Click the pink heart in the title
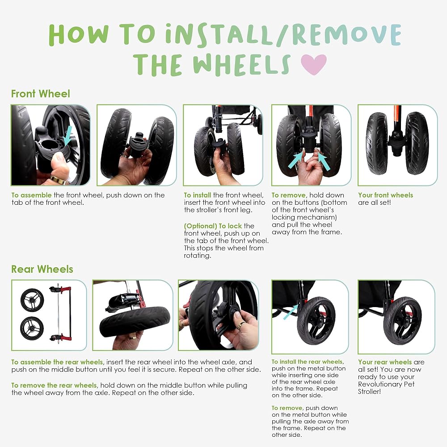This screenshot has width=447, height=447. [x=314, y=64]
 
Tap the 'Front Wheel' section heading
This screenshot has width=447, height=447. [x=41, y=94]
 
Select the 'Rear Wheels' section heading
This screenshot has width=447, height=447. [x=42, y=269]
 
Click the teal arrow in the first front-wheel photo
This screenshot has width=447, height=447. [x=67, y=135]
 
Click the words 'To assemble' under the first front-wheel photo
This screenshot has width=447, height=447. [x=32, y=195]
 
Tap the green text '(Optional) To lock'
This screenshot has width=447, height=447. [x=213, y=226]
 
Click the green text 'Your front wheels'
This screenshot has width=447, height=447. [x=385, y=195]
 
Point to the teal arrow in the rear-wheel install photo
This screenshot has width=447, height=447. [x=291, y=312]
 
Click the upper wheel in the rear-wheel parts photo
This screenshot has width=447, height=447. [x=32, y=299]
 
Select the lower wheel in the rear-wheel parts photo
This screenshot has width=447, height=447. [x=32, y=329]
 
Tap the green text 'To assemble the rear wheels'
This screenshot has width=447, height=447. [x=57, y=362]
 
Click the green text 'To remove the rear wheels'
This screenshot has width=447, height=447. [x=54, y=385]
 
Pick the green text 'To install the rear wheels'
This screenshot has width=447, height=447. [x=308, y=362]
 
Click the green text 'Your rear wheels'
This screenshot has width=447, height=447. [x=385, y=362]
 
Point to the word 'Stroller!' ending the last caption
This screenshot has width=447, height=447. [x=370, y=392]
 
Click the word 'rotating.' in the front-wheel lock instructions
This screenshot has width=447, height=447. [x=198, y=256]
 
